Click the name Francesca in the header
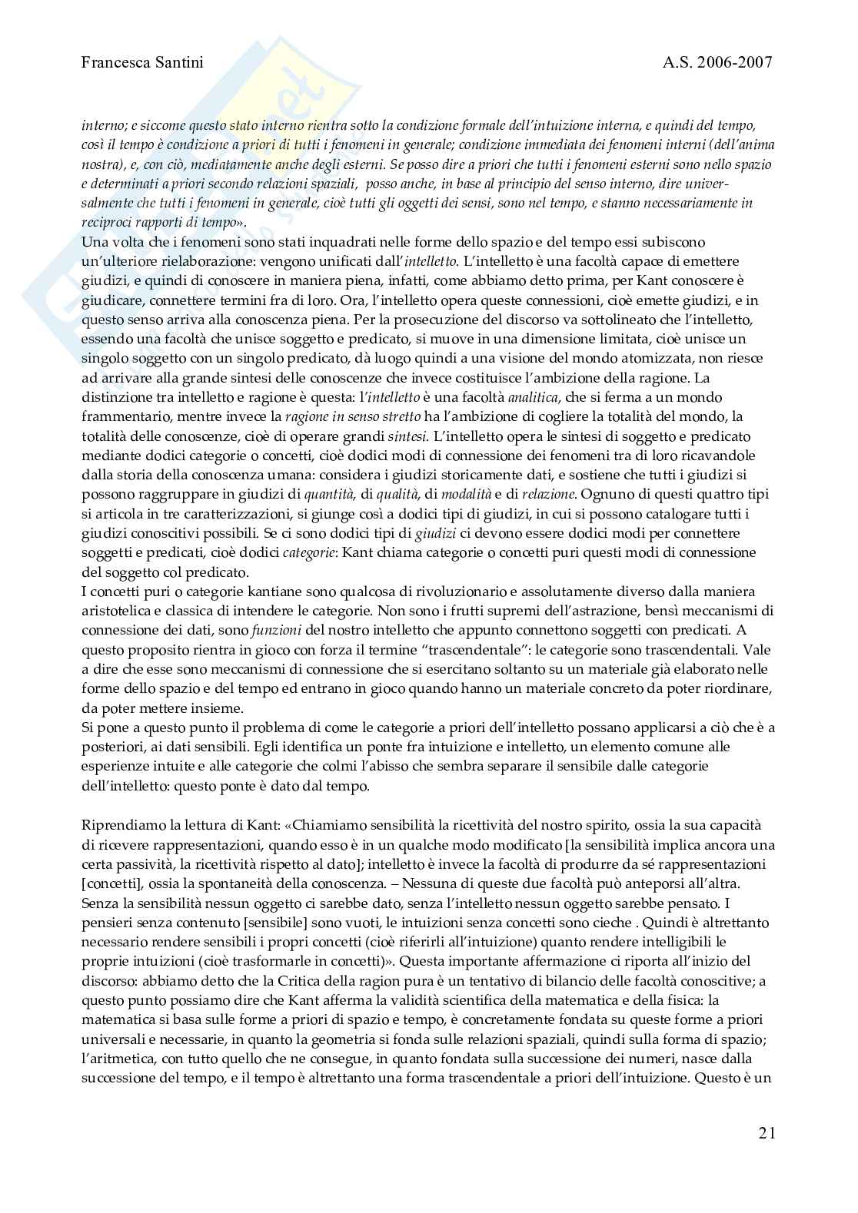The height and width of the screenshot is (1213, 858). click(x=116, y=63)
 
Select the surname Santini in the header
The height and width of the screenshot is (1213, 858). click(x=179, y=63)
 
